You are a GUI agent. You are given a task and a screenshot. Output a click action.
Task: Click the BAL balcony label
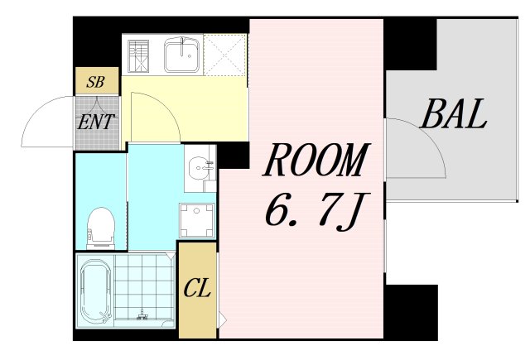pyautogui.click(x=453, y=114)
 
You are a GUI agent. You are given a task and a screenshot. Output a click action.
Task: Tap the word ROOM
pyautogui.click(x=316, y=160)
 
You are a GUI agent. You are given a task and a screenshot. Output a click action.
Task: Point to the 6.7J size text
pyautogui.click(x=317, y=211)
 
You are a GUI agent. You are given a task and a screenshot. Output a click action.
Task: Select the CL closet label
pyautogui.click(x=197, y=288)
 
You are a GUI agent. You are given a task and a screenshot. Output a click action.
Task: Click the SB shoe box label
pyautogui.click(x=96, y=81)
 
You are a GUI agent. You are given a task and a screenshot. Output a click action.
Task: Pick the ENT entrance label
pyautogui.click(x=96, y=122)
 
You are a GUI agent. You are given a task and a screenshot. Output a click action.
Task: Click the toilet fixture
pyautogui.click(x=100, y=228)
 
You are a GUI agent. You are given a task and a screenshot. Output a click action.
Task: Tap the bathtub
pyautogui.click(x=96, y=290)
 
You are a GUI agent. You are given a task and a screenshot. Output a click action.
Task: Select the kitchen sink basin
pyautogui.click(x=182, y=55)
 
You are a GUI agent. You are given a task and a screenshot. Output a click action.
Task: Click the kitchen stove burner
pyautogui.click(x=138, y=56)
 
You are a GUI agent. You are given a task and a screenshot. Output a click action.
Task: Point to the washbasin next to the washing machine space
pyautogui.click(x=200, y=168)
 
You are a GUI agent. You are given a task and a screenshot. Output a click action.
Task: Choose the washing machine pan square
pyautogui.click(x=197, y=220)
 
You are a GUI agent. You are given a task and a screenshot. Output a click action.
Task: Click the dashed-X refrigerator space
pyautogui.click(x=225, y=55)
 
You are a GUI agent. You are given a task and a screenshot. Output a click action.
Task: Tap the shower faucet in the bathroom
pyautogui.click(x=142, y=314)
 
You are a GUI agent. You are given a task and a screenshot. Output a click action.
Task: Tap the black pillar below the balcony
pyautogui.click(x=412, y=312)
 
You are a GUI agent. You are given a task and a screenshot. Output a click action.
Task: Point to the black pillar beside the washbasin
pyautogui.click(x=234, y=156)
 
